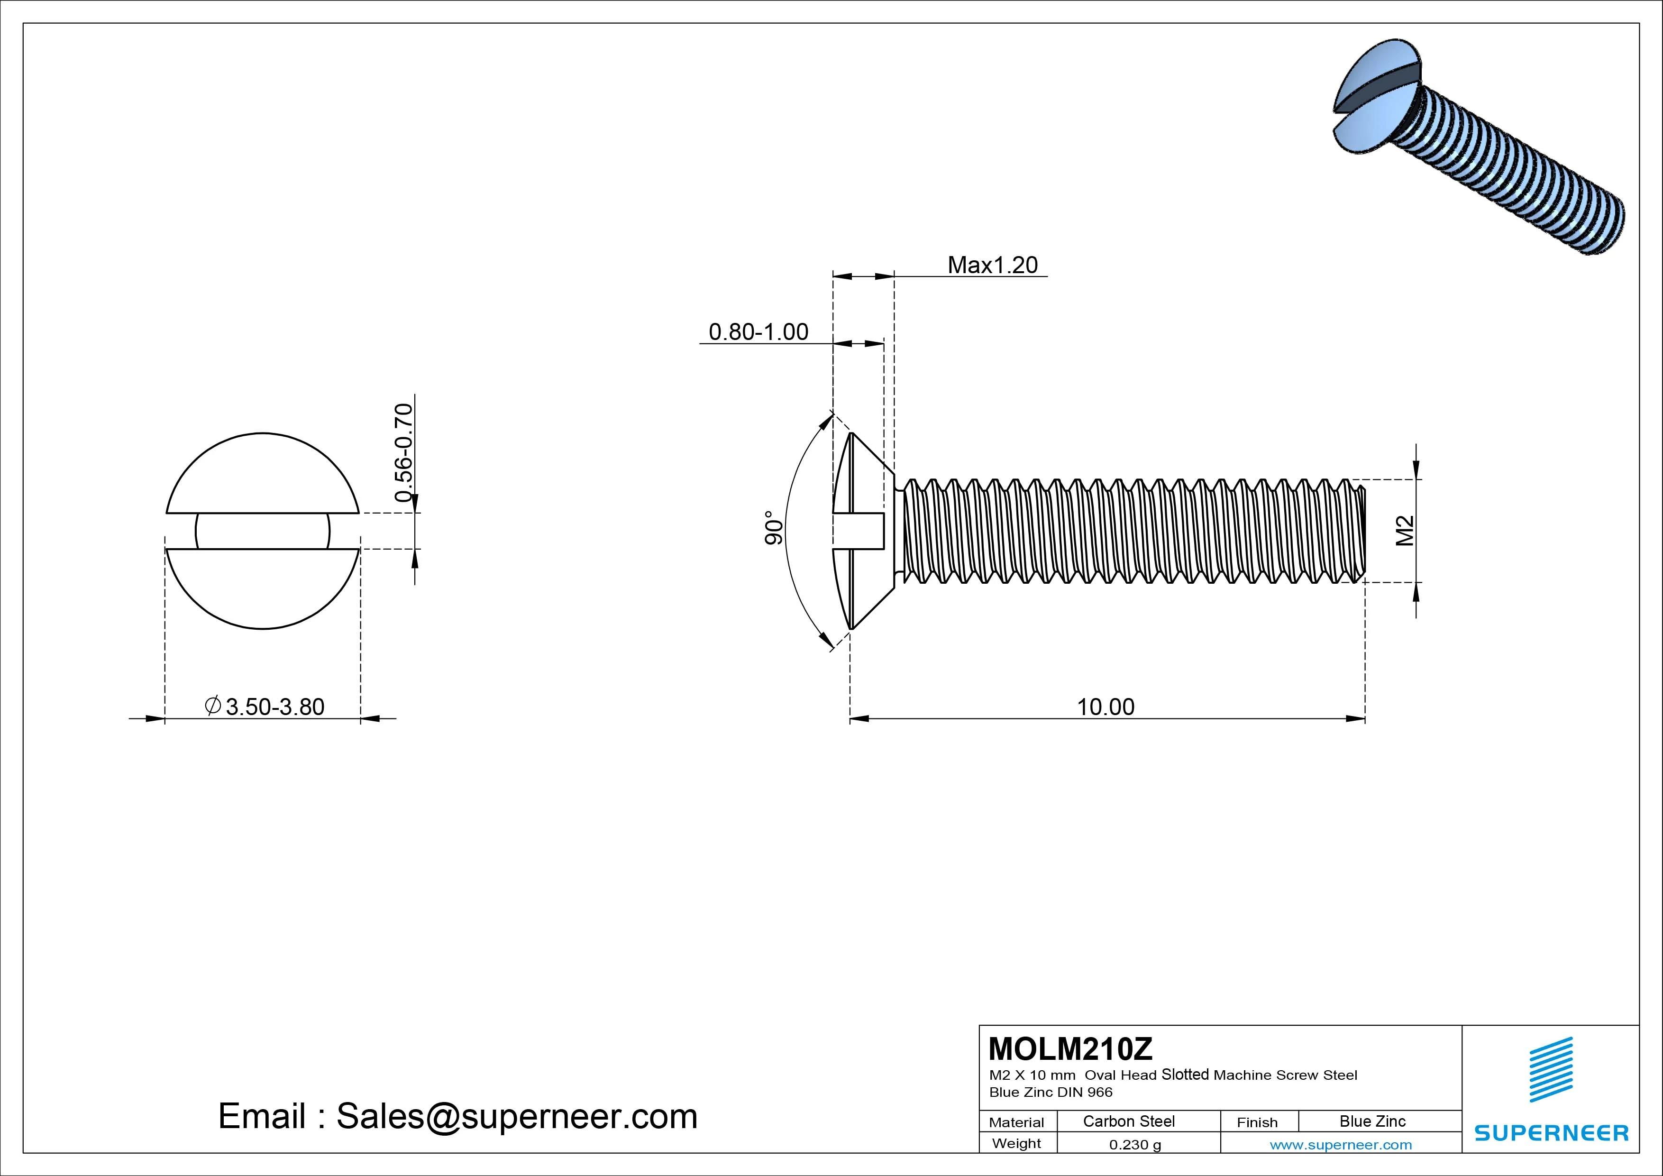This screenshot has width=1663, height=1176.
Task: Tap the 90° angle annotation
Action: (774, 528)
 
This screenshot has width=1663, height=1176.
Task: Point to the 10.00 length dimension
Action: (1106, 707)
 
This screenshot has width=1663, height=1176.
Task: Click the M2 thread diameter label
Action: (1405, 531)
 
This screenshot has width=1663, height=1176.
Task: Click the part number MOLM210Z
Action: (1070, 1048)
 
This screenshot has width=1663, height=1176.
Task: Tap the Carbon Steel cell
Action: (1128, 1121)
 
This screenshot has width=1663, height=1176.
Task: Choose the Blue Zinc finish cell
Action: (1372, 1121)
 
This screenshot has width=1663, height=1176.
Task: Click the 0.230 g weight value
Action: (1135, 1145)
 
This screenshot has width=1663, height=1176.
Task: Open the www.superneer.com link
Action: (1340, 1145)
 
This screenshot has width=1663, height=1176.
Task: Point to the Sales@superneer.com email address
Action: (516, 1116)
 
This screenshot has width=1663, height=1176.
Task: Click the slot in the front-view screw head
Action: (262, 531)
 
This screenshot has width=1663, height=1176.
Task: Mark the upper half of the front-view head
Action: (262, 475)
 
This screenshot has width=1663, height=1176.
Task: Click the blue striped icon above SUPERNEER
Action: (1551, 1069)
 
